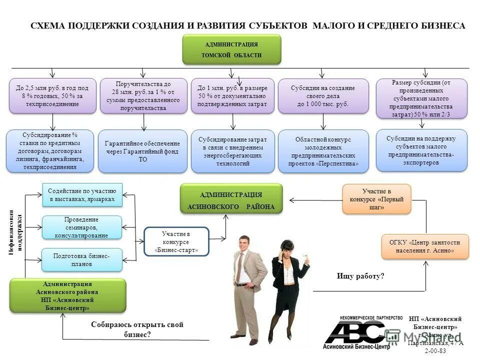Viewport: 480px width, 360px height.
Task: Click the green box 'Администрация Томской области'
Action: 231,49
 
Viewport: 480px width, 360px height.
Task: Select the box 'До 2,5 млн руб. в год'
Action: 52,95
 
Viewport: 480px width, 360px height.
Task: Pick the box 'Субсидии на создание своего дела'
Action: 323,95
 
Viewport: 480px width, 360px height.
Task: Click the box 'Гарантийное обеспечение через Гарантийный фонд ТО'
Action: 142,151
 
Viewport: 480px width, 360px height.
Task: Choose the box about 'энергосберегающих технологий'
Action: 232,151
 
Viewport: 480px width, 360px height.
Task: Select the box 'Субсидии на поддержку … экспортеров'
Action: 421,150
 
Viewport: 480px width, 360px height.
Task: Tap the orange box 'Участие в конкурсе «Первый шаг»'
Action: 376,199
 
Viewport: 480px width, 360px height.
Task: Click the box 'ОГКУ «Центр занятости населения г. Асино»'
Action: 425,246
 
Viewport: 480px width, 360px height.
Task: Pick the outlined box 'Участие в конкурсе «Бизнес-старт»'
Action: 176,241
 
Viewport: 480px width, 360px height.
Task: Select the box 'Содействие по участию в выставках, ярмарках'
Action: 82,195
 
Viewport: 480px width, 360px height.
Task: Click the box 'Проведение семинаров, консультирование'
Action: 81,227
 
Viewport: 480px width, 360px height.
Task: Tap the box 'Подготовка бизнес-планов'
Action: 81,259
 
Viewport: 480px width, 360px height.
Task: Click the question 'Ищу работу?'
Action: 360,276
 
